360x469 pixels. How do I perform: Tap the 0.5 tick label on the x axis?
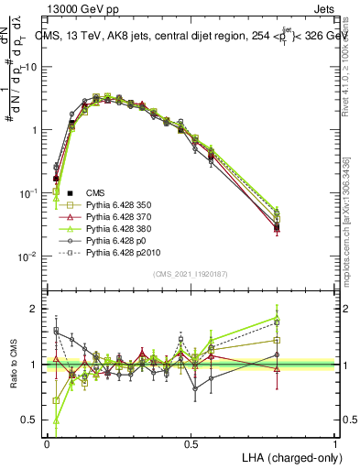pos(191,444)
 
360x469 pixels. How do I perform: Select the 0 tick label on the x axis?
pos(48,444)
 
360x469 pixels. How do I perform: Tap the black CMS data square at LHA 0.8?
pos(278,227)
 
